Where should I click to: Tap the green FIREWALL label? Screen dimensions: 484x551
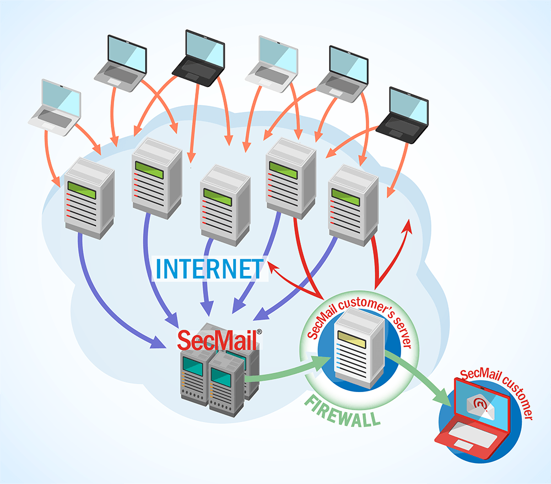(x=343, y=411)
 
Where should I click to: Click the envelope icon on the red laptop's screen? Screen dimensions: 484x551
(x=477, y=406)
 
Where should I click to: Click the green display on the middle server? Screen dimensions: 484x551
(x=218, y=194)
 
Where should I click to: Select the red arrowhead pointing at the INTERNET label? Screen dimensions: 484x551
(x=274, y=267)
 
